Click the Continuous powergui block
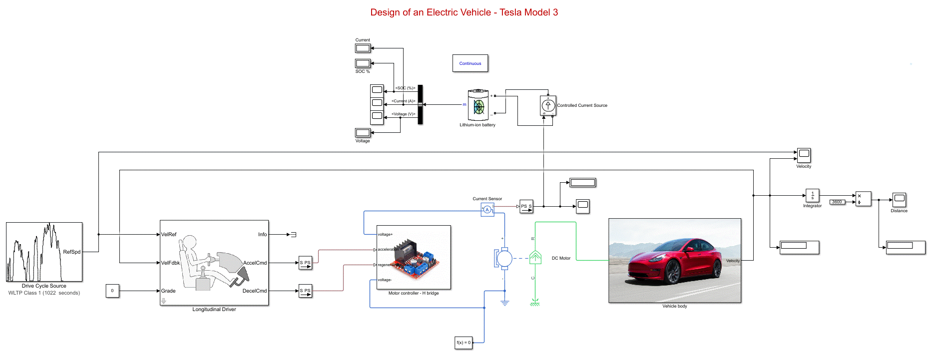(470, 63)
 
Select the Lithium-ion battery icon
(478, 105)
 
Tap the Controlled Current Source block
(548, 105)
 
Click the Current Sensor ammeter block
(487, 210)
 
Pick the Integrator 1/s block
(812, 196)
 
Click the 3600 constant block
(837, 202)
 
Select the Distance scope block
(899, 200)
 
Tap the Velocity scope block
(804, 155)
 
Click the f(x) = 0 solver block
(464, 343)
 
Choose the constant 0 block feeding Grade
(112, 291)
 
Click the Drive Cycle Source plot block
(44, 252)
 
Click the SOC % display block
(363, 63)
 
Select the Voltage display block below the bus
(363, 133)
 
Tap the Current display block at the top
(363, 48)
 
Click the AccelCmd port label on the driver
(255, 263)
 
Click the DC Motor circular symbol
(504, 259)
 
